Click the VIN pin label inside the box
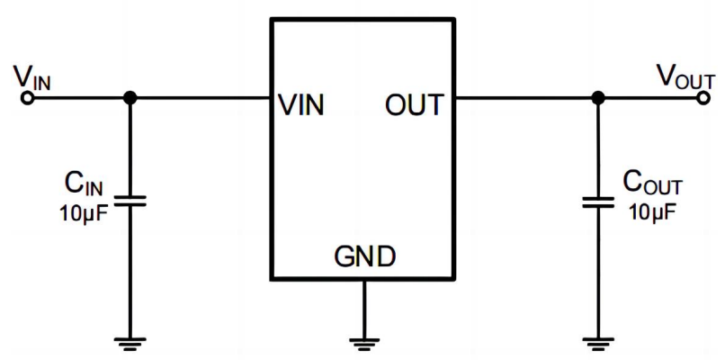(x=302, y=106)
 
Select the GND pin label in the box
(x=364, y=257)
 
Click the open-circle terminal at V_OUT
(x=703, y=98)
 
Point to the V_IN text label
(x=31, y=76)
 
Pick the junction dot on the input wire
(x=130, y=98)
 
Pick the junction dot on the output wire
(x=595, y=98)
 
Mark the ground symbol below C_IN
(x=130, y=340)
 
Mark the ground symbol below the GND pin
(x=363, y=340)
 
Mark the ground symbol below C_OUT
(x=595, y=340)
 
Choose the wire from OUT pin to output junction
(x=525, y=98)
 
